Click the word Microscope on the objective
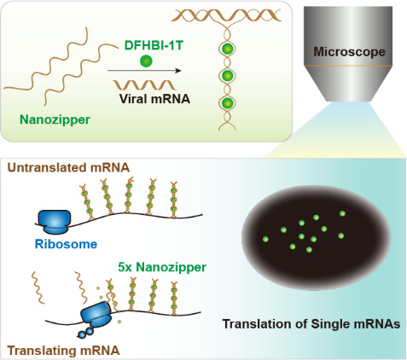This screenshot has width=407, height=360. [349, 52]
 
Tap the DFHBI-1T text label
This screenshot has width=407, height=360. [154, 45]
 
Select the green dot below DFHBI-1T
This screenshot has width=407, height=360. [146, 61]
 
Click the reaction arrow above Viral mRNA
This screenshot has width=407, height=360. [144, 71]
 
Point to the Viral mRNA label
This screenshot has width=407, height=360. [154, 99]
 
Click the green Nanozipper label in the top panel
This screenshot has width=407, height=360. [55, 119]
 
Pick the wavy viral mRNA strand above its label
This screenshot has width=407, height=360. [145, 84]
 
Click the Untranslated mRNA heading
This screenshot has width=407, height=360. [68, 167]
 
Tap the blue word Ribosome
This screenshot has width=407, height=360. [66, 244]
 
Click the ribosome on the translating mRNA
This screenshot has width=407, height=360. [96, 315]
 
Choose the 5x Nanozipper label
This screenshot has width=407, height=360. [162, 267]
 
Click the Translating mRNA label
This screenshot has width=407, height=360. [63, 351]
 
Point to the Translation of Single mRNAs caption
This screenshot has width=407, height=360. [311, 324]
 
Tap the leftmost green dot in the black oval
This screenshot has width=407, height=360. [265, 239]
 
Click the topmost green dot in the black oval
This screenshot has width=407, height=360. [342, 213]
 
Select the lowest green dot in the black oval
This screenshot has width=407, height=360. [309, 250]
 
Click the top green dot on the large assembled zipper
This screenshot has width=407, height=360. [228, 49]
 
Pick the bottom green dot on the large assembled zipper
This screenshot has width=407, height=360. [228, 103]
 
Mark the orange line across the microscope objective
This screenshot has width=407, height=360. [348, 66]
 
